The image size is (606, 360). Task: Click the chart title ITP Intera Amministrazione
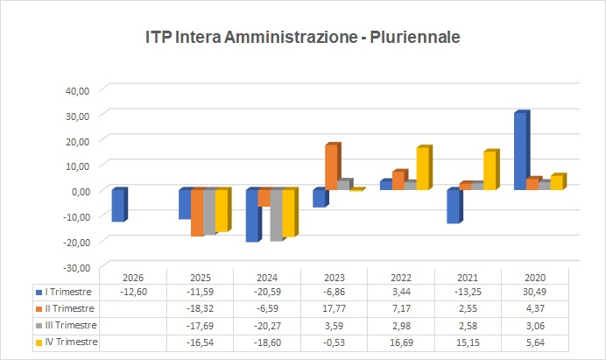[x=302, y=37]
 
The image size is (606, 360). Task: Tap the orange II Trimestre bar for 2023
[x=331, y=166]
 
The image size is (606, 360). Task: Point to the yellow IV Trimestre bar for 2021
[x=490, y=171]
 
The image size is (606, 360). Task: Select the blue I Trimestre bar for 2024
[x=252, y=215]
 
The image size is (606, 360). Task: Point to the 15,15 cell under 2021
[x=467, y=342]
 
